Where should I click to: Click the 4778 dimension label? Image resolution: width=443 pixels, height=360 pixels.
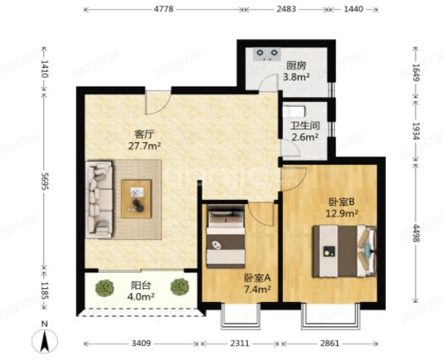(163, 9)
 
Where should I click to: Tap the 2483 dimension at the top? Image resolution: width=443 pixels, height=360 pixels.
(286, 9)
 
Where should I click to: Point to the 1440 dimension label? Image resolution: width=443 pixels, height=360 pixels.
(353, 9)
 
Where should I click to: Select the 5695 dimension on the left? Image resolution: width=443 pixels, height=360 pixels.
(45, 181)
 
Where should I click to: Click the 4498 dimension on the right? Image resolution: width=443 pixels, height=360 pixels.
(416, 233)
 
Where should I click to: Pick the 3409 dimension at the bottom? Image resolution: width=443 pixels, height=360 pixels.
(141, 344)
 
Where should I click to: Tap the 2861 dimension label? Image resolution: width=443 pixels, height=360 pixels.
(330, 344)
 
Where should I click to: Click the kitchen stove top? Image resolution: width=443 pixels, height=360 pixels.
(267, 55)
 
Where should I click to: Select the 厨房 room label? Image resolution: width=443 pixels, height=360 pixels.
(296, 66)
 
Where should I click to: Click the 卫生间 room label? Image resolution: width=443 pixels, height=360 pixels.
(305, 126)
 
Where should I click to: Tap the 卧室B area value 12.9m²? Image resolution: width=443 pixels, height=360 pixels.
(342, 213)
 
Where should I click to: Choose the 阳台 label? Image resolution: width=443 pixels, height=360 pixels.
(140, 286)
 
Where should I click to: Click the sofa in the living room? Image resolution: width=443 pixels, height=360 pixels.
(100, 199)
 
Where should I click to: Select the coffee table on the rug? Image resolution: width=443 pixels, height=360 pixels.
(136, 199)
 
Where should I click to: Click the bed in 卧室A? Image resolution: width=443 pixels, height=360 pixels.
(225, 237)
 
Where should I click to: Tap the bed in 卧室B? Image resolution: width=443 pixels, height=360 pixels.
(344, 251)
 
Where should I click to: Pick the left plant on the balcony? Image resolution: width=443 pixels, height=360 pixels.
(104, 287)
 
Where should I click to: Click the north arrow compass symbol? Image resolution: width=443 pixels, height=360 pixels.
(44, 340)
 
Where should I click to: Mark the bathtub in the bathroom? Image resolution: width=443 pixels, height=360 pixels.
(294, 111)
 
